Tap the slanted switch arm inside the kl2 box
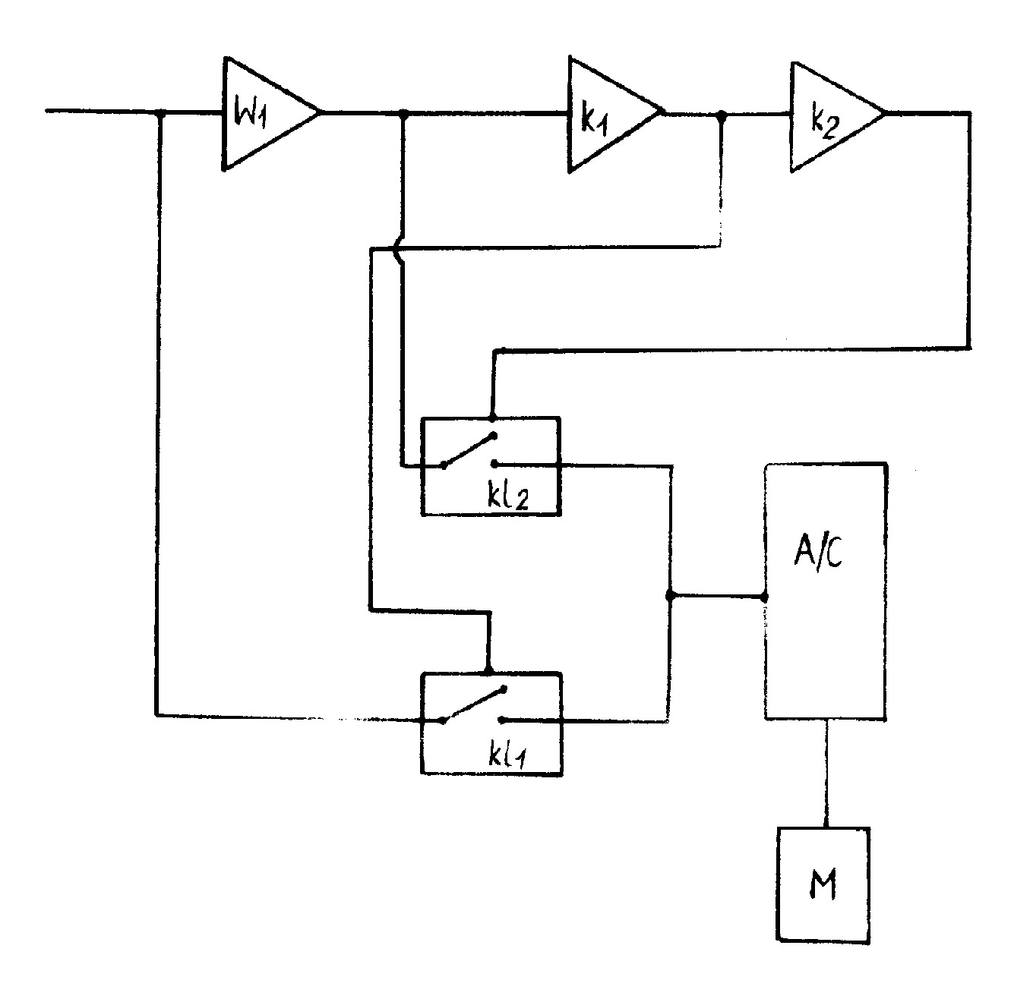point(469,450)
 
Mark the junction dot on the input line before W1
point(160,113)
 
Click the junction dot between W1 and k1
point(403,114)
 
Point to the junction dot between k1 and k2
point(722,115)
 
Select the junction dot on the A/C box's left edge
point(764,597)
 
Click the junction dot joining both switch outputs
point(670,597)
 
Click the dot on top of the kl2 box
point(492,418)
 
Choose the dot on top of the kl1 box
point(488,671)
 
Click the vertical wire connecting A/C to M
point(826,773)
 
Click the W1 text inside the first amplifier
point(250,112)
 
